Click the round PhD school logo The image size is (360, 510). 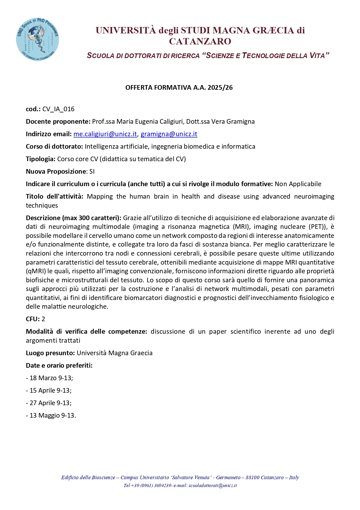click(x=37, y=39)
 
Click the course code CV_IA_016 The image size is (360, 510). click(x=58, y=109)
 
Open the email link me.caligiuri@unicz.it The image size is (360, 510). click(x=105, y=134)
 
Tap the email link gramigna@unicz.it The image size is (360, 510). click(x=169, y=134)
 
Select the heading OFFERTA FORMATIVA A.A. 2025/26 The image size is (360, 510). click(x=179, y=88)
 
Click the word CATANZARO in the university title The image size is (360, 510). click(x=200, y=42)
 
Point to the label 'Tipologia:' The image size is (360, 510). click(x=41, y=159)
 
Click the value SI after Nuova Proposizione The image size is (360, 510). click(x=92, y=172)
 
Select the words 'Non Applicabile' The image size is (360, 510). click(x=298, y=184)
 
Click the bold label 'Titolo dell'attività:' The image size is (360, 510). click(x=55, y=197)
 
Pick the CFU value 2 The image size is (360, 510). click(x=43, y=319)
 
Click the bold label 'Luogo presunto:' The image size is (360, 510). click(x=50, y=353)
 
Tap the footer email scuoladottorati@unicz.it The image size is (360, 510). click(x=213, y=485)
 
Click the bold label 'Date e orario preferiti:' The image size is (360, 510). click(x=59, y=366)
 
